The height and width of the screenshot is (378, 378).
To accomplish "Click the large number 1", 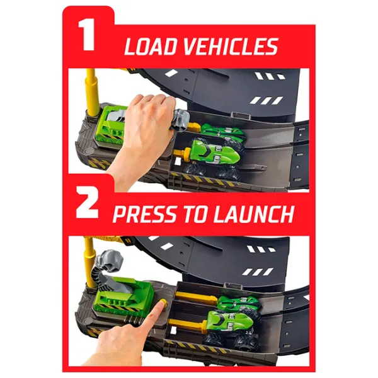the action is point(87,35).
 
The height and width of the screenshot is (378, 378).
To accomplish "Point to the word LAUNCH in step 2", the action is point(254,214).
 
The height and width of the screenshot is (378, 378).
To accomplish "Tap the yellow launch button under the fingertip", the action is point(163,302).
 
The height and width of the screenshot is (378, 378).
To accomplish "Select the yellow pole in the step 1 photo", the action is point(92,91).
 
